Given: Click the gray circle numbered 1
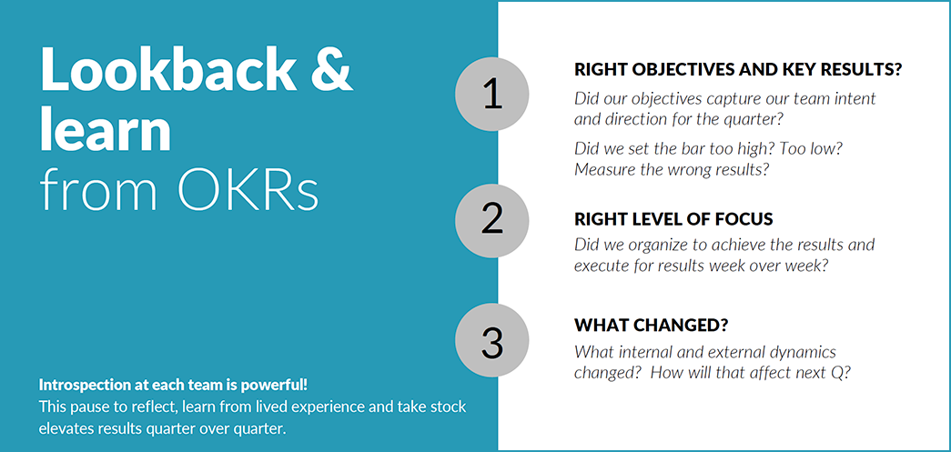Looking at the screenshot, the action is [x=491, y=95].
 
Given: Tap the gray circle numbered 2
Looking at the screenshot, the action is [x=491, y=220].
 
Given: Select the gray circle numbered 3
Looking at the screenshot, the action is [x=491, y=341].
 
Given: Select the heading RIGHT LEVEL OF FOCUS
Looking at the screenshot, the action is [x=673, y=219].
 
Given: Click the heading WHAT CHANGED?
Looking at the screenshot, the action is [x=652, y=325].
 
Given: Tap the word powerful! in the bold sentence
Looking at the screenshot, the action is [x=281, y=385].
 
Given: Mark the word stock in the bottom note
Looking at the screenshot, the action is [x=449, y=407].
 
